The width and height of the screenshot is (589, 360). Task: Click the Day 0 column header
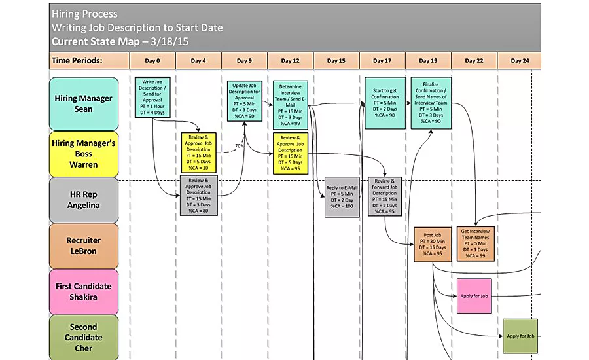click(152, 61)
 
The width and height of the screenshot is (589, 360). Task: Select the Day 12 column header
click(290, 61)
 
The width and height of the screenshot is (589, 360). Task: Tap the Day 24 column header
click(520, 61)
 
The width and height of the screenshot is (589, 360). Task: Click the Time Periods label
click(77, 61)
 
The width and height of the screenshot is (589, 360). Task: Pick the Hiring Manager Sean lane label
click(83, 103)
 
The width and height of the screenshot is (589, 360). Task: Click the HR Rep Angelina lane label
click(83, 200)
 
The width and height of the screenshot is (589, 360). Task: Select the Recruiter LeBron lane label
click(83, 245)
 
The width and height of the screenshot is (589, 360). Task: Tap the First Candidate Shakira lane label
click(83, 291)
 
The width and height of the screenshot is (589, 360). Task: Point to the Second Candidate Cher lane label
click(83, 337)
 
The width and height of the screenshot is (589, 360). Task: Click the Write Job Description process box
click(152, 98)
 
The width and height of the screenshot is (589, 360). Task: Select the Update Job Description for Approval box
click(244, 101)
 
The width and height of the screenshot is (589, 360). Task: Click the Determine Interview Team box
click(290, 104)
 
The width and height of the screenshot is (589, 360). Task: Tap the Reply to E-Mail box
click(342, 197)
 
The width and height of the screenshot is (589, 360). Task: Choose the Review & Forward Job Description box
click(384, 196)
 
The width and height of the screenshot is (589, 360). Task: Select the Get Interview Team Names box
click(476, 243)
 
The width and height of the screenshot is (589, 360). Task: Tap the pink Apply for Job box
click(474, 297)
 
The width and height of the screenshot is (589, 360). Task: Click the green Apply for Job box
click(521, 336)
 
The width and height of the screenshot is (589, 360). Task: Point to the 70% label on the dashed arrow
click(240, 145)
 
